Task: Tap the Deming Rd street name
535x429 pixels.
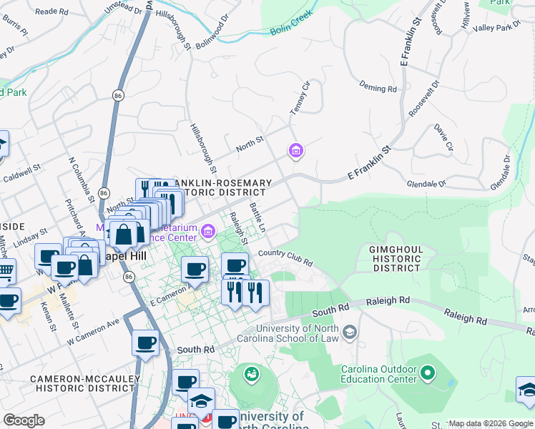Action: pos(378,89)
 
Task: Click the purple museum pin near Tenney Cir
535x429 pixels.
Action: pos(295,151)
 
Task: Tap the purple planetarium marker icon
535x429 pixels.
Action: pos(208,230)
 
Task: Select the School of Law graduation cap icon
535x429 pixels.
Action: pos(350,332)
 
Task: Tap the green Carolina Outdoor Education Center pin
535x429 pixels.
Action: pos(428,373)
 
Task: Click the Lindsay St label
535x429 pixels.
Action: pos(29,236)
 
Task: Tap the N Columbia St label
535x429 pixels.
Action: pos(81,178)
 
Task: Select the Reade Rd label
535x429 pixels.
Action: pos(51,11)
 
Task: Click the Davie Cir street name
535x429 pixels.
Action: pos(444,137)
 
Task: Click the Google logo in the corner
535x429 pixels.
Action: pos(24,420)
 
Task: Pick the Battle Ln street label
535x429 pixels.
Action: pos(257,217)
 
